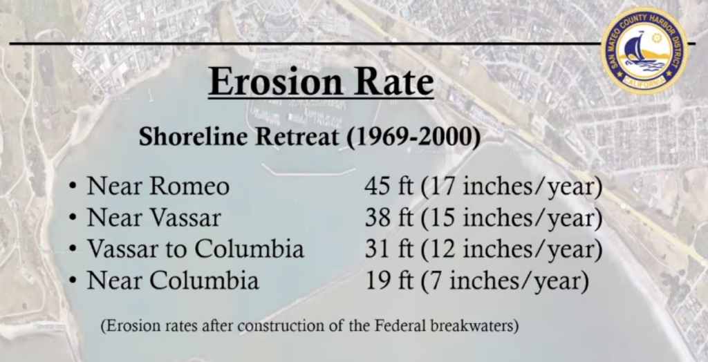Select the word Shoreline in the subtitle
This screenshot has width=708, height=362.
pos(194,136)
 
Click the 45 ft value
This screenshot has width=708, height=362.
pos(389,187)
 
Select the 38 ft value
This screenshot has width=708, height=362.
pos(389,218)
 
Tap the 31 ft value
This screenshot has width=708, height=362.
pos(389,249)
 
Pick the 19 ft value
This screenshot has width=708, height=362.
pos(389,280)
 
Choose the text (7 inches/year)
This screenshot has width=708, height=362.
pos(505,281)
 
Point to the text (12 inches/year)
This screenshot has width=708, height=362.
pos(512,250)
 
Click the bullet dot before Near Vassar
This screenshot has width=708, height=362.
pos(72,219)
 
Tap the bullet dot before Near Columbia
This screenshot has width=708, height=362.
pos(72,282)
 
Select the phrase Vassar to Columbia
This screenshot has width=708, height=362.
pos(195,249)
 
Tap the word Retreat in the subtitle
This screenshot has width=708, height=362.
pos(297,136)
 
